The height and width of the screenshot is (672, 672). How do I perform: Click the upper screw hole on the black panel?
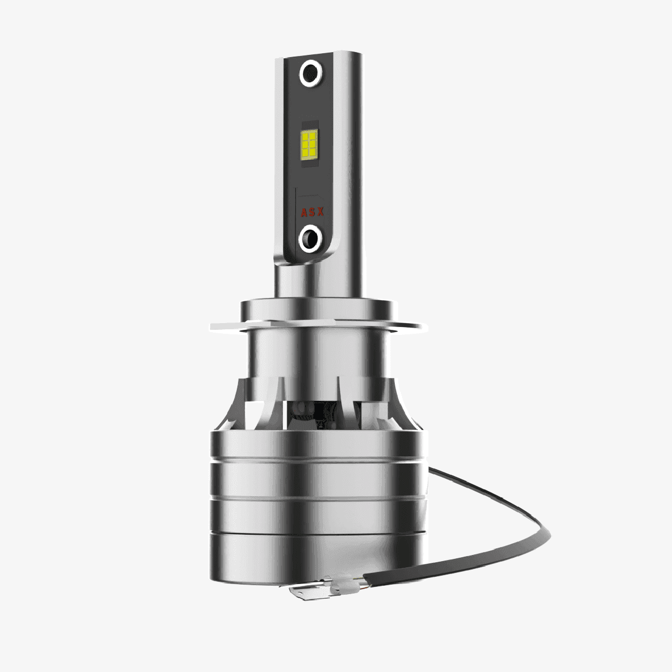(311, 73)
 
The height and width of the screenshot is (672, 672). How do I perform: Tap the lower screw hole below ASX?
(310, 239)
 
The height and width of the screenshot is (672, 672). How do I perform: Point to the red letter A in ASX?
(304, 212)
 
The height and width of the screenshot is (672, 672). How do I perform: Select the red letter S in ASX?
(312, 212)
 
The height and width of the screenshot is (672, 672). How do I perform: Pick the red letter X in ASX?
(320, 211)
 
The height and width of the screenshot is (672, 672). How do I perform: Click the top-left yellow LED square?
(305, 136)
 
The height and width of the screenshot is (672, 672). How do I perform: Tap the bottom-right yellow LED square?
(313, 152)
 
